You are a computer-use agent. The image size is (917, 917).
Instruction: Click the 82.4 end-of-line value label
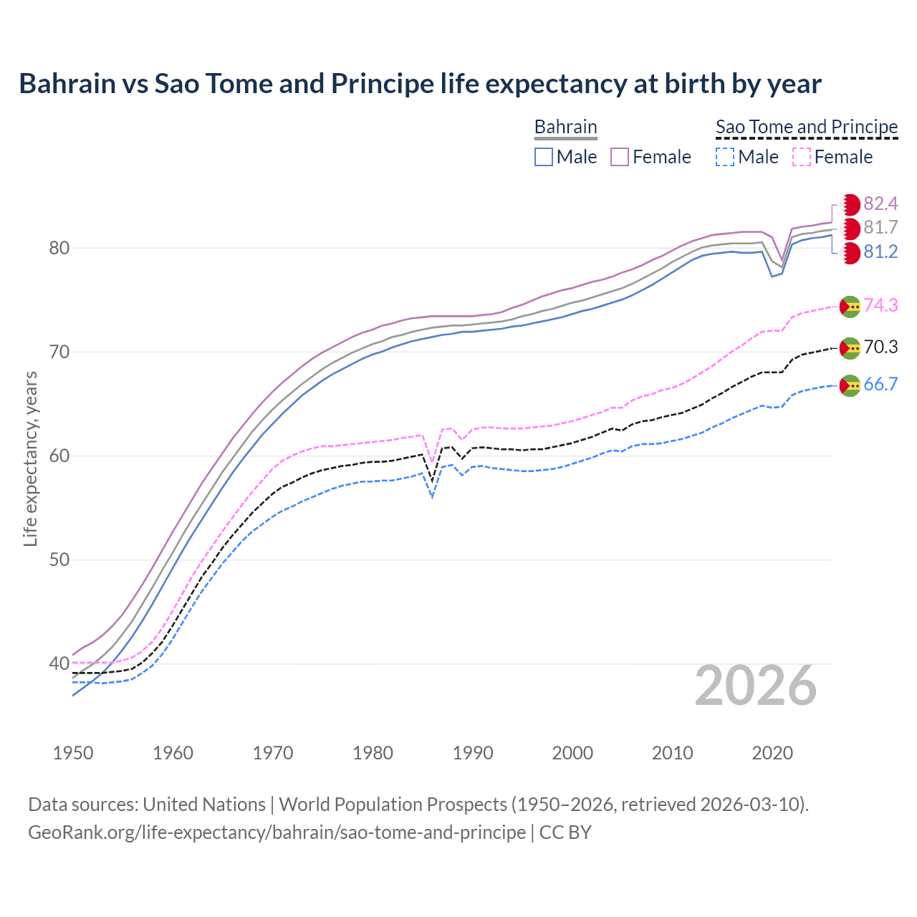click(880, 203)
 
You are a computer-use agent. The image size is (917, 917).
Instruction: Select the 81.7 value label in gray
click(880, 228)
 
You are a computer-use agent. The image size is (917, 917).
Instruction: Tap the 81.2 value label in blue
click(880, 252)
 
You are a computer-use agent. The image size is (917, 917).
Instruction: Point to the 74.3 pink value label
click(880, 305)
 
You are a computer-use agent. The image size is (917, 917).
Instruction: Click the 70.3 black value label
click(880, 347)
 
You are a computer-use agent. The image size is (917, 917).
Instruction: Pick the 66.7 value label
click(880, 385)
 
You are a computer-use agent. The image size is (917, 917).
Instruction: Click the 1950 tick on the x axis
click(73, 753)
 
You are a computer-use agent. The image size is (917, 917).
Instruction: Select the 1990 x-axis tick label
click(473, 753)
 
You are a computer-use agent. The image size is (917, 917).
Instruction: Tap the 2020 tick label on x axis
click(772, 753)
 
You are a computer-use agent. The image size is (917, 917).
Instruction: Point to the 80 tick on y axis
click(59, 249)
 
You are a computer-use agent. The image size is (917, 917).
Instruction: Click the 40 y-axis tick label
click(59, 664)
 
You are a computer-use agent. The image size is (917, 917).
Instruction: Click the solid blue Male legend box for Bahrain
click(544, 157)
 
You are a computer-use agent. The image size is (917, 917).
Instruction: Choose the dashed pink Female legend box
click(802, 157)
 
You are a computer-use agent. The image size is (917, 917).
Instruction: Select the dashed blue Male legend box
click(725, 157)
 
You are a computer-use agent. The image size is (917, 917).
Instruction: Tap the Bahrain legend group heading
click(565, 127)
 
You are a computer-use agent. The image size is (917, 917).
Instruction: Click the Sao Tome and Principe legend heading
click(807, 127)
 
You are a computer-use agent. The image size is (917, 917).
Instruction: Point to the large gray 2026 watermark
click(755, 686)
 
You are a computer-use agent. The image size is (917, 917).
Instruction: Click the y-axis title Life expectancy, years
click(30, 458)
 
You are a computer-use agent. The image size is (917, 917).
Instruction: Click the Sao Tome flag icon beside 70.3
click(850, 348)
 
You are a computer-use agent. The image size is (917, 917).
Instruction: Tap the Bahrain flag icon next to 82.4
click(850, 204)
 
